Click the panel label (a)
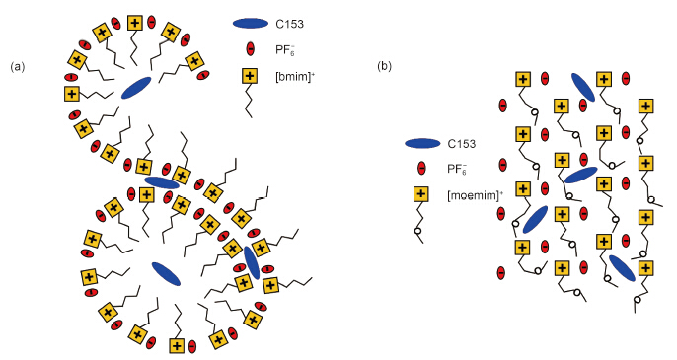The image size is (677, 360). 18,67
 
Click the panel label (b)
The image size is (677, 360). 384,66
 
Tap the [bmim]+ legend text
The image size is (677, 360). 295,78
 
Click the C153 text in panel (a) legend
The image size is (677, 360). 290,25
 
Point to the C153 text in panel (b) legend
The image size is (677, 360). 462,144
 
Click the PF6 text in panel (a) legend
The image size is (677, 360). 285,50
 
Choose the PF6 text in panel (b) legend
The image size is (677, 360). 457,169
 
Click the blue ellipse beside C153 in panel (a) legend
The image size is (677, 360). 251,24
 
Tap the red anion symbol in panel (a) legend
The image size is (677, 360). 250,49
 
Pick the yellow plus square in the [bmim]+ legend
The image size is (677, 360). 250,76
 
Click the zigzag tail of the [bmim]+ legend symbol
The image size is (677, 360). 249,101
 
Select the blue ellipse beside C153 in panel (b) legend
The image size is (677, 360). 422,144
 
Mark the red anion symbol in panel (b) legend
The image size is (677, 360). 421,169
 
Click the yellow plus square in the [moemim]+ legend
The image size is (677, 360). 421,194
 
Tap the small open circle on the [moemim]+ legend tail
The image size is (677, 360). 418,232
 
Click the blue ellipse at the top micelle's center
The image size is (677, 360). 136,88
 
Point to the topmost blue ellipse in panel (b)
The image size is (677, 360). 583,87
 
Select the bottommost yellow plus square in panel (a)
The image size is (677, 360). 177,346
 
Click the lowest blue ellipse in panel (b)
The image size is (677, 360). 622,268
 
